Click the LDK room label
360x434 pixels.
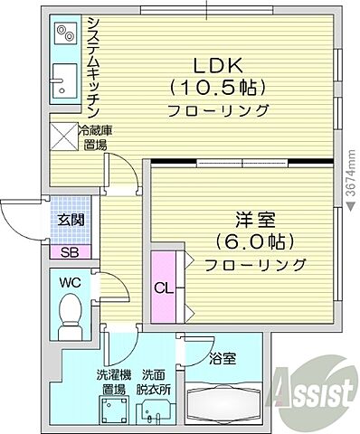pos(217,66)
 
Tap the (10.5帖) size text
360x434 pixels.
pos(217,88)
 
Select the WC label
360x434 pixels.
pos(70,283)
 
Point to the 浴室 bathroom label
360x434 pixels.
pos(223,357)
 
